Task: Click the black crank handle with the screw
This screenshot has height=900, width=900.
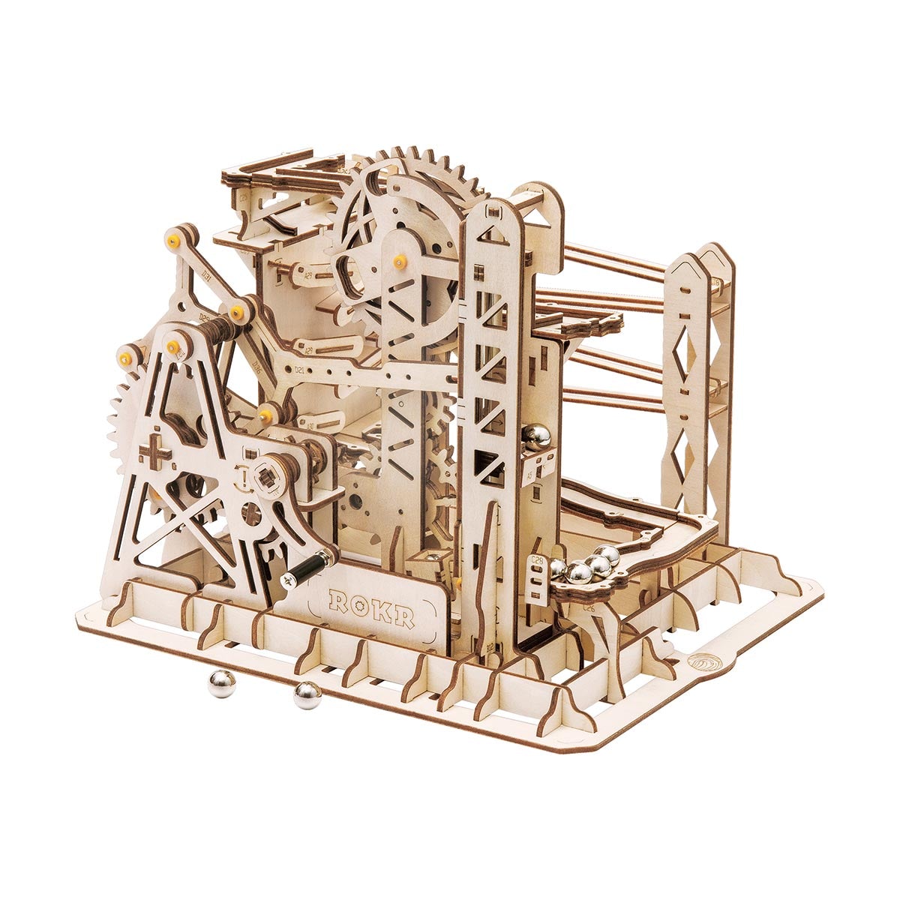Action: tap(309, 568)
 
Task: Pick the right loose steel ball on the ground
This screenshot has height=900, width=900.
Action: tap(306, 695)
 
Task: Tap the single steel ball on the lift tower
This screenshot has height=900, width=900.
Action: tap(537, 437)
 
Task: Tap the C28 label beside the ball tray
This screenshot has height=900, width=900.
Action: tap(537, 561)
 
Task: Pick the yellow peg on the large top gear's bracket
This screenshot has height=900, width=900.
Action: tap(399, 260)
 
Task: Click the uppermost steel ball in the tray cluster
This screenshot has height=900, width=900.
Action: tap(610, 555)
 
